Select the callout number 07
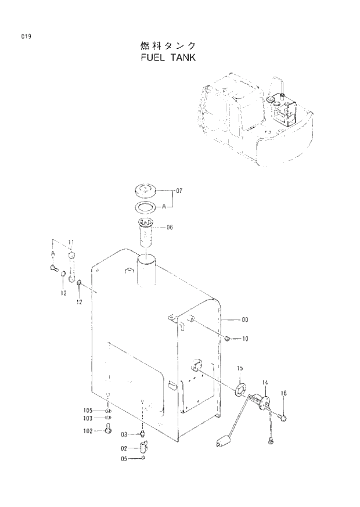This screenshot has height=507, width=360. point(179,190)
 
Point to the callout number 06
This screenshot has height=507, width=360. point(170,228)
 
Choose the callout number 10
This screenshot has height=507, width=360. point(246,339)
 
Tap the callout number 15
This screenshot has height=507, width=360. point(240,369)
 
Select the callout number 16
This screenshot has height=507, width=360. point(284,394)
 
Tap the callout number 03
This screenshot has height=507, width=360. point(124,434)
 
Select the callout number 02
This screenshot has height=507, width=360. point(124,448)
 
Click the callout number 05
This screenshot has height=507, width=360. point(124,459)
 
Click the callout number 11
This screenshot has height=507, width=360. point(71,241)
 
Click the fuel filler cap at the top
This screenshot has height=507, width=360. point(146,190)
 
